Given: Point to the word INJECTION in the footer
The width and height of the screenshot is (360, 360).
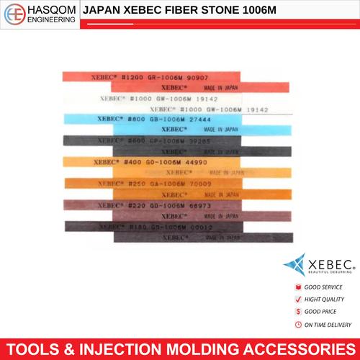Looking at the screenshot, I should (x=143, y=346).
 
